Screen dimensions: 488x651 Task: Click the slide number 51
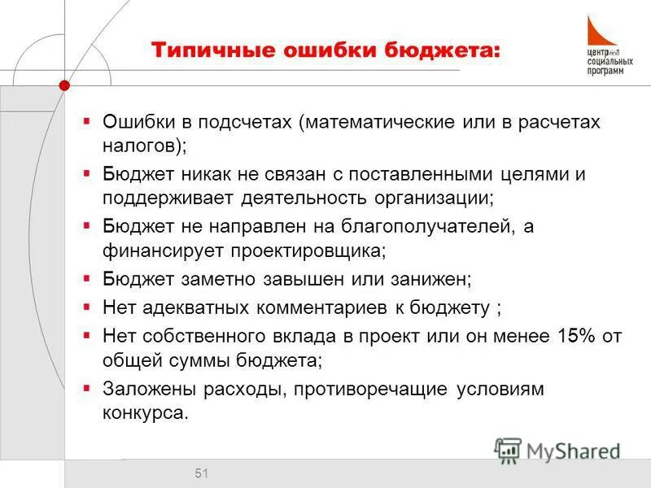click(x=202, y=473)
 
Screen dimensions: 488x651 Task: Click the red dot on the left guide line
click(x=64, y=85)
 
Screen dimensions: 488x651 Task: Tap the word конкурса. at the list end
click(x=145, y=412)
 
